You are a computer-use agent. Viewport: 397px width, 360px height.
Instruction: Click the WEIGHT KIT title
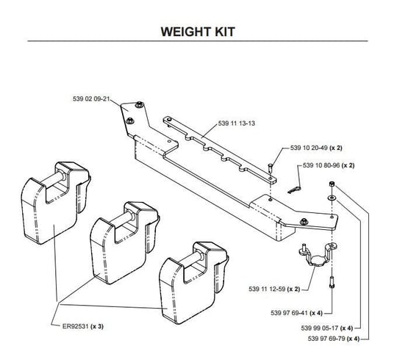[198, 32]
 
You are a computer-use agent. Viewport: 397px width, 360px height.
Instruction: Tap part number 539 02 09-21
[91, 98]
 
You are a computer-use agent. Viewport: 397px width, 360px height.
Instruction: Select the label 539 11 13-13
[237, 123]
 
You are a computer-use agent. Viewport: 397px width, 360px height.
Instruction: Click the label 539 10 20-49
[309, 148]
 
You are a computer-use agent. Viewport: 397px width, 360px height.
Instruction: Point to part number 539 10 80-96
[321, 165]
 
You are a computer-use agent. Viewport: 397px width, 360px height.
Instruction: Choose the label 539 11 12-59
[267, 289]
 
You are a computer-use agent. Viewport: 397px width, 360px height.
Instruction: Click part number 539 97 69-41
[290, 313]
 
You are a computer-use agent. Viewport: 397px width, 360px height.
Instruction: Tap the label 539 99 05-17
[320, 328]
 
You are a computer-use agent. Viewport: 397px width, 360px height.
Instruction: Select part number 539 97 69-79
[326, 339]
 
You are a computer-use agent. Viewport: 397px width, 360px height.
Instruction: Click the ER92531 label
[76, 326]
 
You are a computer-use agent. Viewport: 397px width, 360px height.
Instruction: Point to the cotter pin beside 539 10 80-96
[294, 190]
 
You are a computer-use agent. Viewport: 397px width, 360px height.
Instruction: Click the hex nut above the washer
[331, 184]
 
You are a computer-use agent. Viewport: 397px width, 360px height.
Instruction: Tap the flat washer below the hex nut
[332, 198]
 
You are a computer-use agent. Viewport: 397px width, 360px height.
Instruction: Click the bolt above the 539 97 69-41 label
[332, 282]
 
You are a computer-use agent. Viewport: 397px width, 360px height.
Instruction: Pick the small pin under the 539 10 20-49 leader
[270, 168]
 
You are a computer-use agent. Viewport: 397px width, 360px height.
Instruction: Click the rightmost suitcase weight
[193, 283]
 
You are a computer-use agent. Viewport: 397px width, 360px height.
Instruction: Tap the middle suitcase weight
[124, 243]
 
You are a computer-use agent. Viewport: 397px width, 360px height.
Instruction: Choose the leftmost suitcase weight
[55, 204]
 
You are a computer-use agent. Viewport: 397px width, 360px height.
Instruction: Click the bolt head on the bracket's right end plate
[304, 222]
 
